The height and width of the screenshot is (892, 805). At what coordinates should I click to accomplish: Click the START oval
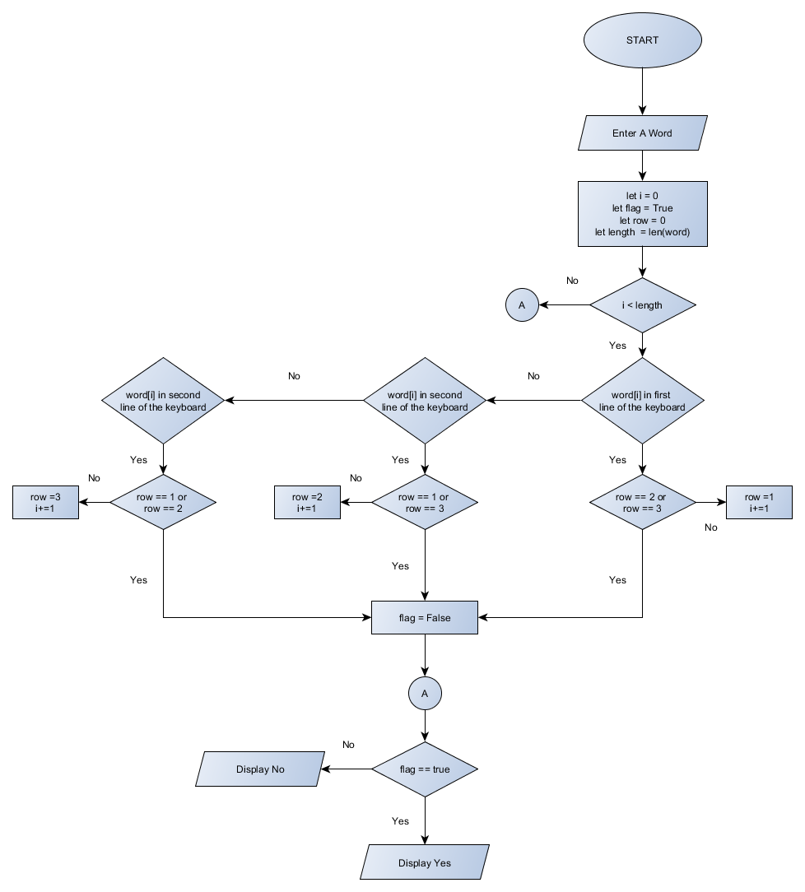642,39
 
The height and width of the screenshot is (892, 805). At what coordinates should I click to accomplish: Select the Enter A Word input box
642,133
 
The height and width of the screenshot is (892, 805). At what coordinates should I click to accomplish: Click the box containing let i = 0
642,214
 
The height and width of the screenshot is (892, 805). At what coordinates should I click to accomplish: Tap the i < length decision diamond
642,305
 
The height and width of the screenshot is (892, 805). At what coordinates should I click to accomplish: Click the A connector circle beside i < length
521,305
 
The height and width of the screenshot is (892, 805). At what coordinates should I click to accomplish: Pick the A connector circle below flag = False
425,694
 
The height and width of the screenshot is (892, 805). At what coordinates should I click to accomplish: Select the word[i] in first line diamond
642,401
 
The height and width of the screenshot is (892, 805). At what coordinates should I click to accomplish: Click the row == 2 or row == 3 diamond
642,502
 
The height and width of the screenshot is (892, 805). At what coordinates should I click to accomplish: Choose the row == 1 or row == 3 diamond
425,502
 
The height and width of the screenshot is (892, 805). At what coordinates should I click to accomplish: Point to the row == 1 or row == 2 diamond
163,502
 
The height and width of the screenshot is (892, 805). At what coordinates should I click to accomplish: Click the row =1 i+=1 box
757,502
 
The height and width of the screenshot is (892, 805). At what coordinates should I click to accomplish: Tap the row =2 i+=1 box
307,502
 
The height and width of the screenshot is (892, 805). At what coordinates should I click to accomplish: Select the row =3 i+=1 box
45,502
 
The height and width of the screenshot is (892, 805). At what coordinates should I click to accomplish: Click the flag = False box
425,617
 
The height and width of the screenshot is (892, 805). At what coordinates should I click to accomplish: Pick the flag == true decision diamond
425,769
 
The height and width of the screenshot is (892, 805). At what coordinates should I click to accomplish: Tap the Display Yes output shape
425,862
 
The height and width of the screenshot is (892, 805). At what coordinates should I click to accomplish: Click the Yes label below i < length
617,346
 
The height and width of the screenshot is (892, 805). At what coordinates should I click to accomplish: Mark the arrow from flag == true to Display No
346,769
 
